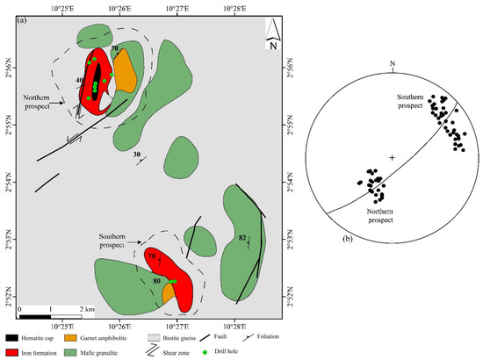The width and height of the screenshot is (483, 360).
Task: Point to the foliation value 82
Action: click(241, 238)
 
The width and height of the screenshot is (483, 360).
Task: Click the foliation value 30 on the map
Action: click(137, 155)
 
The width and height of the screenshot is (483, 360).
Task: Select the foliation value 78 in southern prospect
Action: click(153, 256)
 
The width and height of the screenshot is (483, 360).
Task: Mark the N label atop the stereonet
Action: click(393, 62)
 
